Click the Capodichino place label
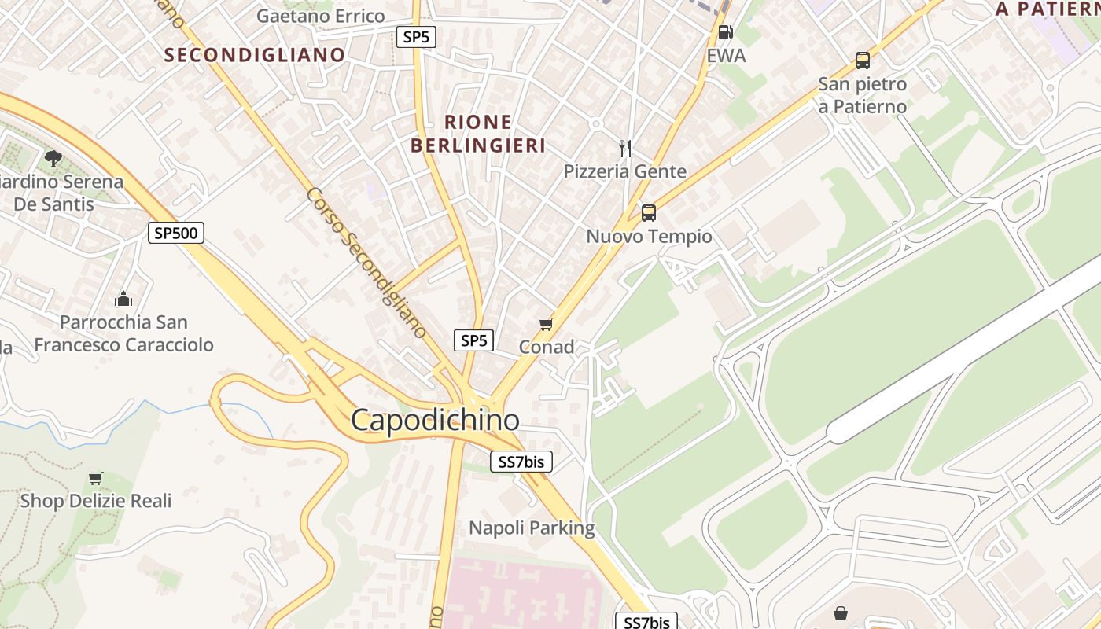(435, 420)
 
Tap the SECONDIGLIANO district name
(255, 55)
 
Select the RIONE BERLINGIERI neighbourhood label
(478, 134)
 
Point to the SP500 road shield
(176, 233)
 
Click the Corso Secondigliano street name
(366, 263)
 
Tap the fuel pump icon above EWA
(725, 32)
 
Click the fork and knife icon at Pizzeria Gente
(625, 148)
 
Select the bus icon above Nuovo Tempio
(649, 212)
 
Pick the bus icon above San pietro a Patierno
(863, 60)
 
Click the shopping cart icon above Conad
(547, 324)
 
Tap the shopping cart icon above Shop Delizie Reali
(96, 478)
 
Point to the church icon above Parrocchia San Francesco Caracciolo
(123, 299)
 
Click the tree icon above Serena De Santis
(53, 159)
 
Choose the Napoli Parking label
(532, 528)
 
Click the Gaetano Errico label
(321, 16)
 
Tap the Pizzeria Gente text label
(625, 171)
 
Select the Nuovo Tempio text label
(650, 237)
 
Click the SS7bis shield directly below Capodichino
(521, 462)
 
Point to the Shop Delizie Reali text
(95, 501)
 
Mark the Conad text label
(547, 347)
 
